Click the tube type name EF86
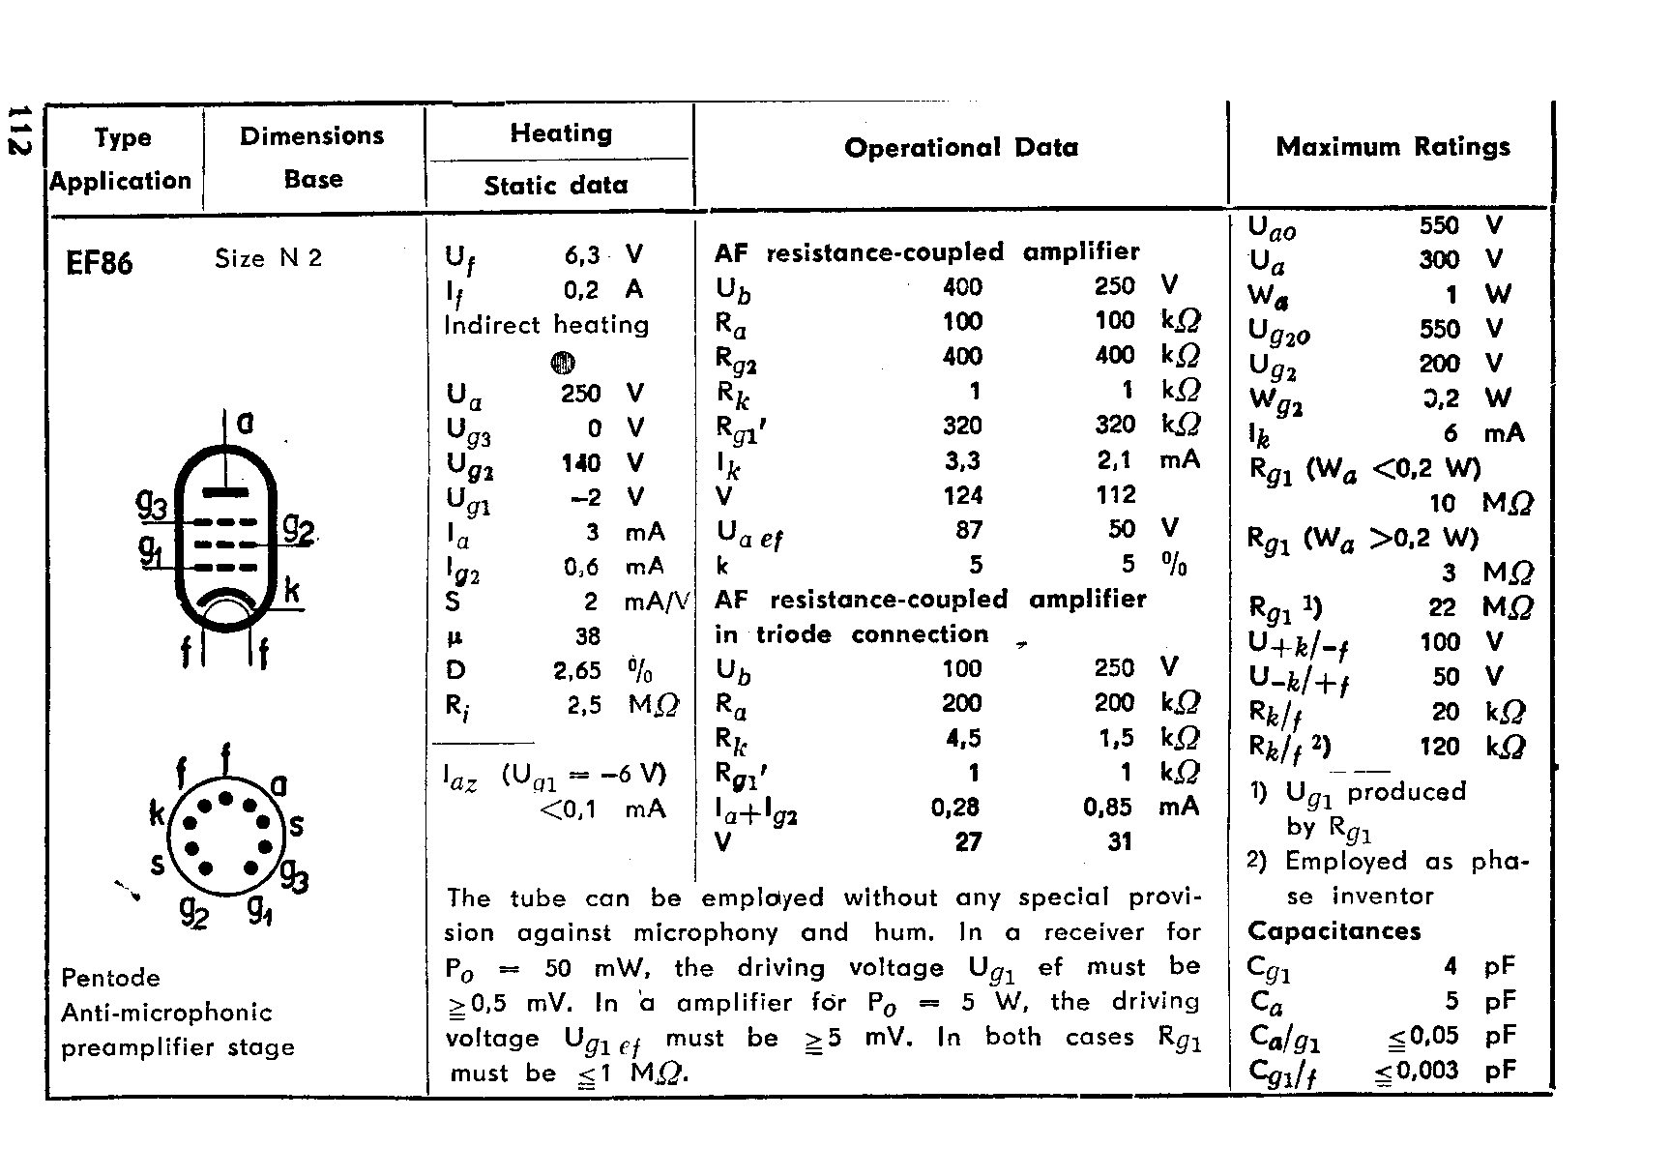(99, 262)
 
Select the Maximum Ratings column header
(1392, 147)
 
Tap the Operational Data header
(960, 148)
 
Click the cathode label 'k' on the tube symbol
(291, 589)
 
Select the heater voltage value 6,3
(582, 255)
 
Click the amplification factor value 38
(587, 636)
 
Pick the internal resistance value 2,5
(584, 706)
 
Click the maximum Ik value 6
(1450, 434)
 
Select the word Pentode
(110, 978)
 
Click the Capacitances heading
(1334, 931)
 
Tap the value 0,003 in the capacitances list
(1427, 1070)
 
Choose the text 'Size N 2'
(268, 258)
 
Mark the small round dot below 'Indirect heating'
(563, 363)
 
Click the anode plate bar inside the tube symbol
(225, 491)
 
